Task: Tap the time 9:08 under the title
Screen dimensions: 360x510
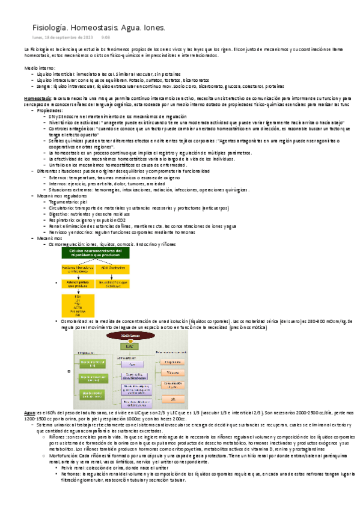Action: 105,37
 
